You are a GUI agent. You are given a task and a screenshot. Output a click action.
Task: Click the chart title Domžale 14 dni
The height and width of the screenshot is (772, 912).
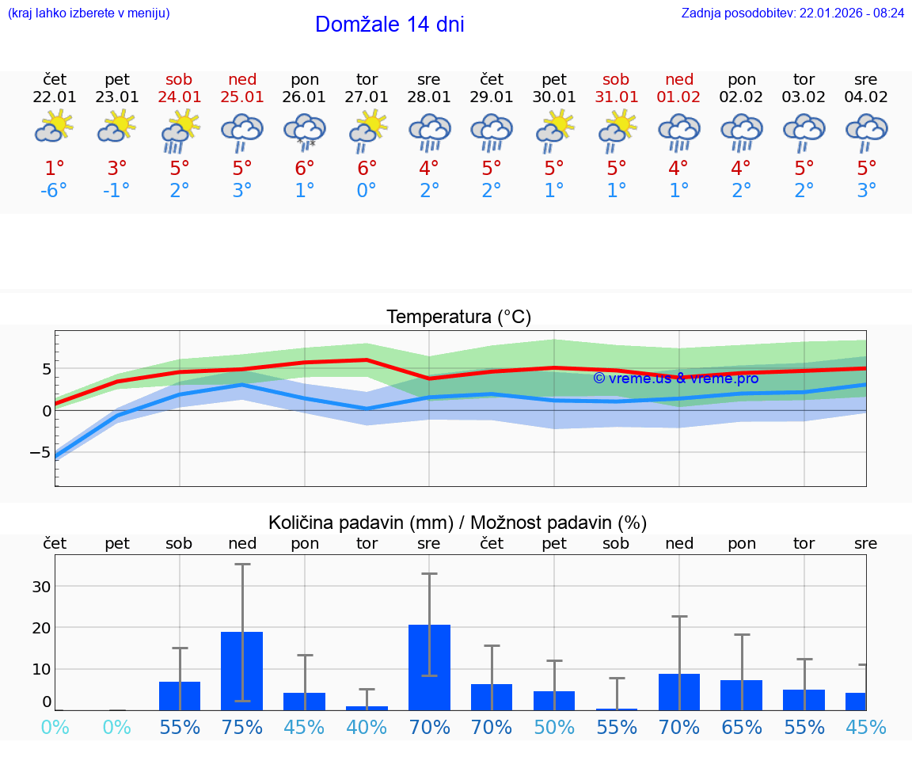(389, 25)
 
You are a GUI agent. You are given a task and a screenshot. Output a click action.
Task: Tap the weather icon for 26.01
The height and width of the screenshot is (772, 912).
(305, 131)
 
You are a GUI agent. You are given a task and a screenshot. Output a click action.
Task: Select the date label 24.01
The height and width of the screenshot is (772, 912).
(180, 97)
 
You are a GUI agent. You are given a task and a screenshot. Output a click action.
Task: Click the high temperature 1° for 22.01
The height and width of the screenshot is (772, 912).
(55, 169)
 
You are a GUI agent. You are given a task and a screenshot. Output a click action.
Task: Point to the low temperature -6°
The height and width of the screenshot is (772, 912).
(55, 191)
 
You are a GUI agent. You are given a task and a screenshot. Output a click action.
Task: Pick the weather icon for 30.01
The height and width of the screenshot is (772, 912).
(554, 131)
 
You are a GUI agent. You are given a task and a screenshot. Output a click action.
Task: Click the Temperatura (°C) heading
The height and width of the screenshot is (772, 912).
(458, 318)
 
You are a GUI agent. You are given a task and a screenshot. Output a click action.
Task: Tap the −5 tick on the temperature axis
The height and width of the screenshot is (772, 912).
(40, 452)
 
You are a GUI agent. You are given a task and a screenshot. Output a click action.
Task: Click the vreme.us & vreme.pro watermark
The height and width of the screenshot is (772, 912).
(675, 378)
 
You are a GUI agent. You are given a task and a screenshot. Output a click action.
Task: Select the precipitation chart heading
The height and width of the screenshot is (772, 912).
(458, 523)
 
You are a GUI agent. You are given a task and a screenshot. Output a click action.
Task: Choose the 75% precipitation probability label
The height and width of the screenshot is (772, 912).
(242, 727)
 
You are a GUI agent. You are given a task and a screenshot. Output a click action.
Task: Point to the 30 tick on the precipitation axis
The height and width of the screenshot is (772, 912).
(41, 587)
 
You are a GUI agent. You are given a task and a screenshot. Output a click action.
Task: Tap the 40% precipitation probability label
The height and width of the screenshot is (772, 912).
(367, 727)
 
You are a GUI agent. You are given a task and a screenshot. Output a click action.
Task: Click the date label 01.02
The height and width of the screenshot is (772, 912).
(678, 97)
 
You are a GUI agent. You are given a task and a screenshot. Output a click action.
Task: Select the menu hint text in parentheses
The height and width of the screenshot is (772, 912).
(89, 13)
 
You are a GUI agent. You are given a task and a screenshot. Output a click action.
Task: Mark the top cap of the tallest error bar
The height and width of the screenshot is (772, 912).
(242, 564)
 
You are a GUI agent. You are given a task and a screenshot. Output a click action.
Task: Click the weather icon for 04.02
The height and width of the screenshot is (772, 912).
(866, 131)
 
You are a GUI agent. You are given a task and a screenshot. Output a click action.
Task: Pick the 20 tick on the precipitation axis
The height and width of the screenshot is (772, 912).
(41, 628)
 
